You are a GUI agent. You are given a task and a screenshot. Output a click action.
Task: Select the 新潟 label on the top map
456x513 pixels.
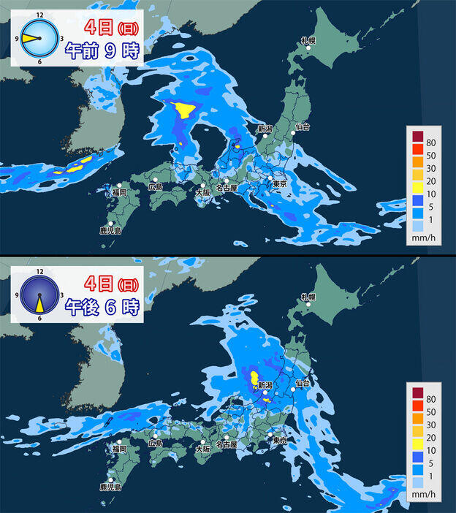(265, 129)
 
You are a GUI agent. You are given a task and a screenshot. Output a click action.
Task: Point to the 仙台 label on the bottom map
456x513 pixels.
(303, 383)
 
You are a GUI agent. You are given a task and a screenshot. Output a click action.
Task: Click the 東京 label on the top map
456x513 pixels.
(278, 185)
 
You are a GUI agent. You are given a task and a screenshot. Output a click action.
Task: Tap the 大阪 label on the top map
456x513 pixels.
(204, 193)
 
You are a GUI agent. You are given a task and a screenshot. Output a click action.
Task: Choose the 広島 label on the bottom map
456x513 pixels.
(155, 443)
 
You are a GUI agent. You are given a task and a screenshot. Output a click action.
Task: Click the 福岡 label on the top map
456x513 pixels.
(119, 192)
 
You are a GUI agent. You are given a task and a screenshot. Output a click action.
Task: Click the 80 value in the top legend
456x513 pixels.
(433, 135)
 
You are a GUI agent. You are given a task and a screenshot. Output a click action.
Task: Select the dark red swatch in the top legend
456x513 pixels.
(417, 136)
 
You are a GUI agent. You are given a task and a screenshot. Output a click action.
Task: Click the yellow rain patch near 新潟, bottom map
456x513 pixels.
(254, 378)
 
